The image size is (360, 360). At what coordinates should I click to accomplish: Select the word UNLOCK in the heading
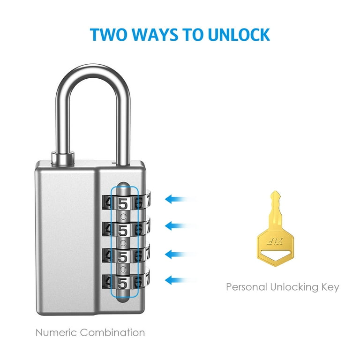coord(239,35)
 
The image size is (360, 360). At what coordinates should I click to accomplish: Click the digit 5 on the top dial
coord(123,203)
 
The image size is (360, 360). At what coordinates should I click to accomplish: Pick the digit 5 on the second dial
coord(123,230)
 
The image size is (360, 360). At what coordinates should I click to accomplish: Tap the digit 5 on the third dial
coord(123,257)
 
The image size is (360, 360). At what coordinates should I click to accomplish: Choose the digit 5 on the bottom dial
coord(123,283)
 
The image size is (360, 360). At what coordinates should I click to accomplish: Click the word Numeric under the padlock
coord(56,333)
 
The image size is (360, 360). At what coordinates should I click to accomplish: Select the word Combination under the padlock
coord(112,333)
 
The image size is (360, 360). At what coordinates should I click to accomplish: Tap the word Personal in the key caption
coord(247,287)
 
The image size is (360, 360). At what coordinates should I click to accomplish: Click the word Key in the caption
coord(330,288)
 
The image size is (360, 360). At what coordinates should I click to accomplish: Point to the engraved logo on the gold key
coord(275,241)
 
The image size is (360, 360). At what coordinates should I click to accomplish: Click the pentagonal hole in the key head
coord(275,255)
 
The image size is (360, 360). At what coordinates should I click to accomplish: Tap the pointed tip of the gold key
coord(275,191)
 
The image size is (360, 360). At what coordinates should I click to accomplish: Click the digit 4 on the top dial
coord(107,203)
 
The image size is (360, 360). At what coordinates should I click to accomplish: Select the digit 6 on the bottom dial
coord(138,283)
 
